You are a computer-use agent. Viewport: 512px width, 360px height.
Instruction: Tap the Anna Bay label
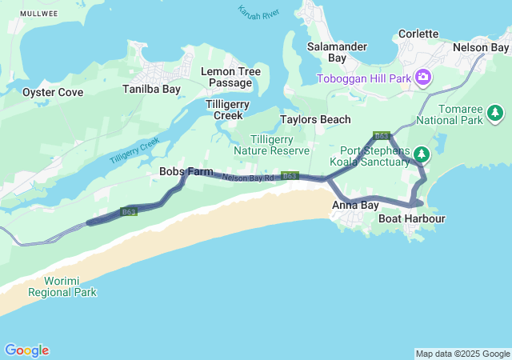355,206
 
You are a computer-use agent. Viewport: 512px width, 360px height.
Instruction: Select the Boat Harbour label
411,218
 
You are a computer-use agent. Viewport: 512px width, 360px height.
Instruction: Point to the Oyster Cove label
52,92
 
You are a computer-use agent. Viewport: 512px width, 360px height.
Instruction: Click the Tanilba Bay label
151,89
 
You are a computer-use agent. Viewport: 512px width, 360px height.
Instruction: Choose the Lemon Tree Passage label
230,77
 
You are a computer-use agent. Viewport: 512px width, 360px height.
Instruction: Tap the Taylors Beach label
315,119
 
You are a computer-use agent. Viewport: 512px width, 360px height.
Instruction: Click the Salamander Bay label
337,53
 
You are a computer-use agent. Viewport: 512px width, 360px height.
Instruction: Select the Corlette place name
418,34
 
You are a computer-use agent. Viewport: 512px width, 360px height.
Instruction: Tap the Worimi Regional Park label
62,286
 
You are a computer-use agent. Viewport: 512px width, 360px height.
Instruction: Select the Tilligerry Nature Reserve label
270,145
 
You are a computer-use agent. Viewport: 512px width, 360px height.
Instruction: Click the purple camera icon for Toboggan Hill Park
423,78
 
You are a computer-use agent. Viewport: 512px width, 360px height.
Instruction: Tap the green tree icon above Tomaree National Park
497,113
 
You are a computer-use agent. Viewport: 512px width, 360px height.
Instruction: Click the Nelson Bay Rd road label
250,178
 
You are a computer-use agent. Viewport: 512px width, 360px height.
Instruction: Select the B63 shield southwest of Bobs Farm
129,211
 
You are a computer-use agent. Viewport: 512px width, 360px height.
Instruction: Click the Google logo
26,350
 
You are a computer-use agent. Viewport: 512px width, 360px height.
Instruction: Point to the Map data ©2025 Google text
462,354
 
